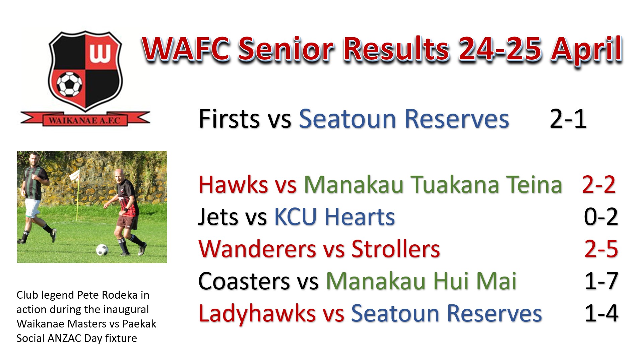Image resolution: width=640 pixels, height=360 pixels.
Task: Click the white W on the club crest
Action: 100,53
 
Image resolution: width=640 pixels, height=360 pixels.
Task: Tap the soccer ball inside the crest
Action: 69,84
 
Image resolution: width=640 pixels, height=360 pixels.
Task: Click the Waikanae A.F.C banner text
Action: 84,120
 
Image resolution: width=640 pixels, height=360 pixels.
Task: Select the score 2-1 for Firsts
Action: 568,119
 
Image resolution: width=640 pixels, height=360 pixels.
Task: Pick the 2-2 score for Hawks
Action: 599,185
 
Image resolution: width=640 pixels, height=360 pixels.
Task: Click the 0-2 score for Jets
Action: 601,217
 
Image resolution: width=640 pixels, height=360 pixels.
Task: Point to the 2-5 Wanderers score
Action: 601,249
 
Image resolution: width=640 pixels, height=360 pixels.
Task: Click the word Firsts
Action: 229,119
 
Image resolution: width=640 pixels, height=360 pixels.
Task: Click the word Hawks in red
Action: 233,185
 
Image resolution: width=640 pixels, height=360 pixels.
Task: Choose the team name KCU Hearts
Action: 334,217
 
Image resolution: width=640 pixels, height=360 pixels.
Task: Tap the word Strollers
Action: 395,249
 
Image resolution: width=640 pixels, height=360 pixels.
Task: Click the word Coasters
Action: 244,281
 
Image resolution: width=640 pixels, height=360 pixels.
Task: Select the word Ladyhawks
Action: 257,314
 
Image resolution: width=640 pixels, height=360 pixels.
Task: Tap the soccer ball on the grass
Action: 102,250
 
